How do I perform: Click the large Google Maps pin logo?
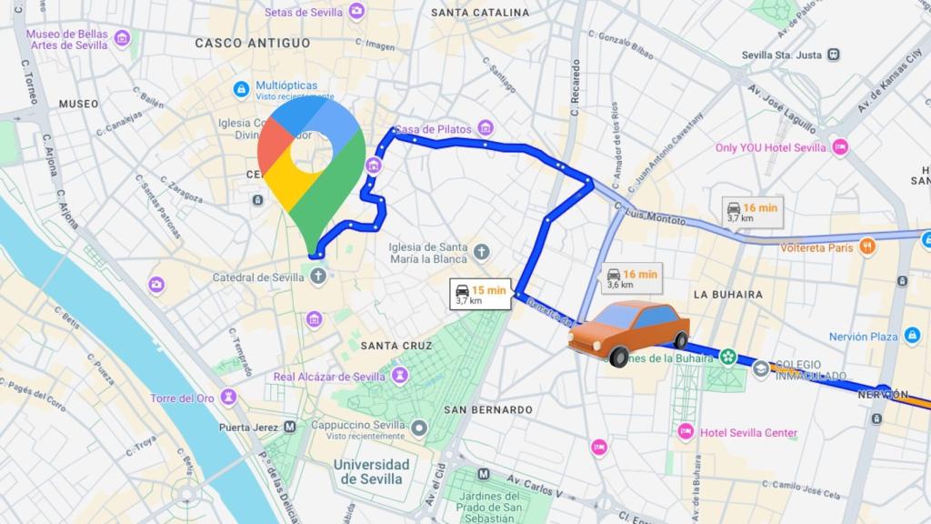point(311,164)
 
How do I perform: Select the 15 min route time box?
point(481,293)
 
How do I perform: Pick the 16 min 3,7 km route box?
point(752,212)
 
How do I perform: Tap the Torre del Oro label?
point(183,398)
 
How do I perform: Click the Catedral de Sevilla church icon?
point(318,277)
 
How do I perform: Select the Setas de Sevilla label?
point(305,12)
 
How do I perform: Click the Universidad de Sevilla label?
point(371,471)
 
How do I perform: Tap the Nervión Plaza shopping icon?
point(913,336)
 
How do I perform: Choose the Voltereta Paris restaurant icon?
point(868,246)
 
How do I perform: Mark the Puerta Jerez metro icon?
point(290,427)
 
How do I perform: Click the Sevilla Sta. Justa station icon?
point(833,55)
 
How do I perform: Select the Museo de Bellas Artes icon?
point(123,39)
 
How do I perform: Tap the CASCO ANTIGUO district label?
point(252,43)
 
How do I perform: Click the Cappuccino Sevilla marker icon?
point(419,426)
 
